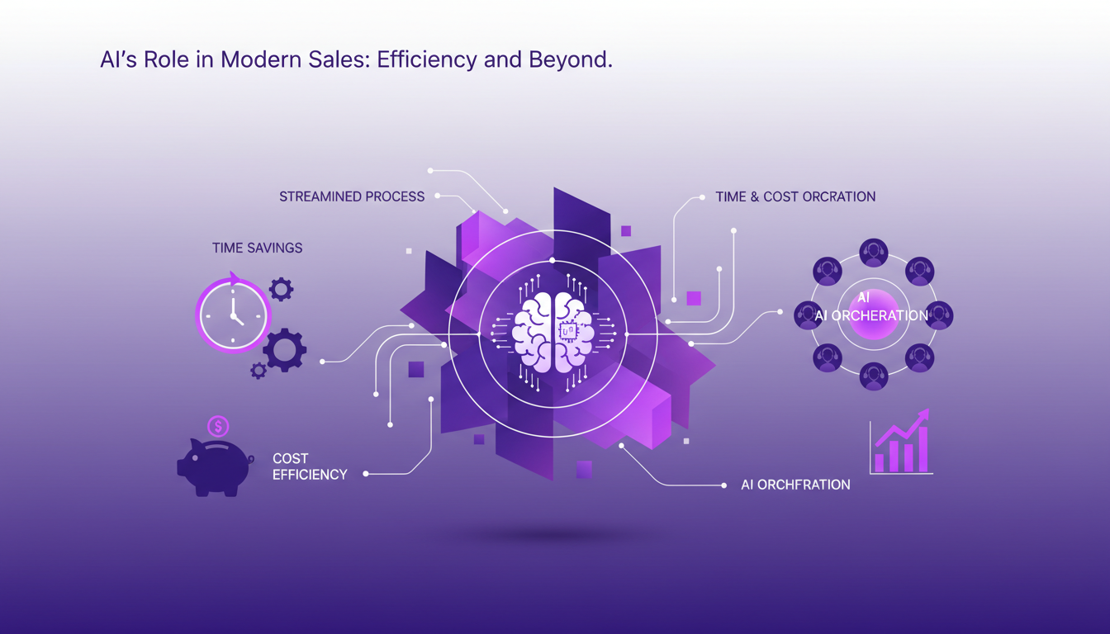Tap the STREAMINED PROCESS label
[x=352, y=196]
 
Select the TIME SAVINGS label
[x=257, y=248]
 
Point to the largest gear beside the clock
[x=285, y=350]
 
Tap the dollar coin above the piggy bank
[x=218, y=426]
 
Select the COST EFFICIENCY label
[x=310, y=466]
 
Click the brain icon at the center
[x=553, y=331]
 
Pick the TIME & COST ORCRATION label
[x=795, y=196]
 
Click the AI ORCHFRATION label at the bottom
[x=795, y=485]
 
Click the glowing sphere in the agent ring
[x=873, y=315]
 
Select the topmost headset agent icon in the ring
[x=873, y=253]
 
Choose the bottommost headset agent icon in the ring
[x=873, y=376]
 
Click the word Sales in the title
[x=339, y=61]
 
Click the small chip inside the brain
[x=569, y=332]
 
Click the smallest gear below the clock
[x=259, y=371]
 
